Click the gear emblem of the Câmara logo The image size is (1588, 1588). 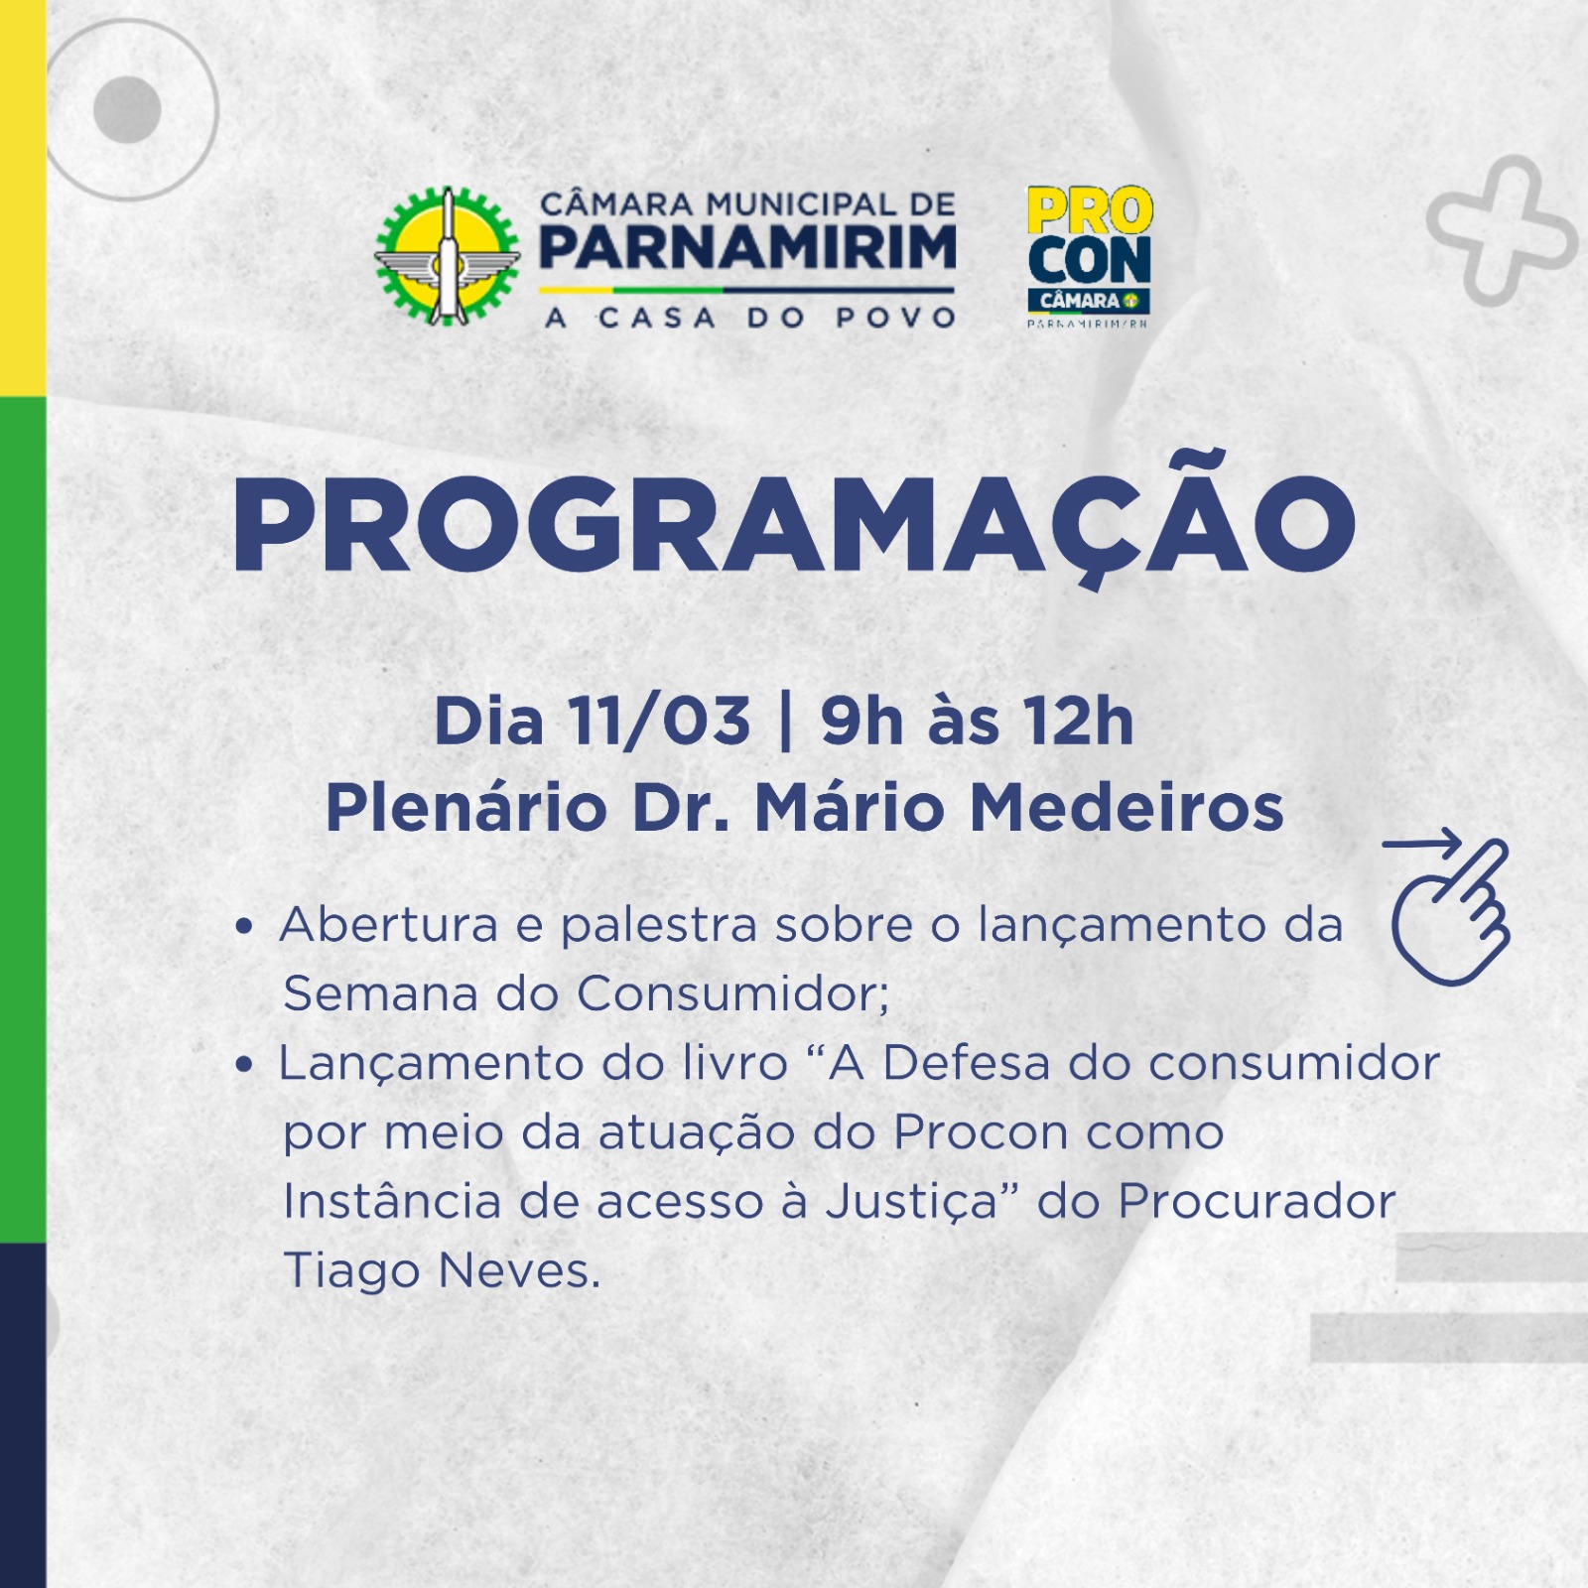pyautogui.click(x=447, y=256)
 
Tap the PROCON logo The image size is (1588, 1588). pyautogui.click(x=1089, y=256)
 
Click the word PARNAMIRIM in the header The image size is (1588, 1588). pyautogui.click(x=747, y=247)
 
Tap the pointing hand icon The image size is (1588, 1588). pyautogui.click(x=1448, y=908)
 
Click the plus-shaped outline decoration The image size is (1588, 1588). pyautogui.click(x=1502, y=229)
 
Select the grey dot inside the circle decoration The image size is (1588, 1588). pyautogui.click(x=127, y=109)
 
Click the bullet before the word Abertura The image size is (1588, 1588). pyautogui.click(x=245, y=928)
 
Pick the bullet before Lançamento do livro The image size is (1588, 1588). pyautogui.click(x=245, y=1066)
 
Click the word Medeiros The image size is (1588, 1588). pyautogui.click(x=1126, y=807)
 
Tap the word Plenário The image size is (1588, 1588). pyautogui.click(x=466, y=807)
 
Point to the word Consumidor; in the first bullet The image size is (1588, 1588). pyautogui.click(x=733, y=992)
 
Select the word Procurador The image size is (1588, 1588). pyautogui.click(x=1257, y=1201)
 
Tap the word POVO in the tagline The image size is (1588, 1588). pyautogui.click(x=895, y=318)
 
